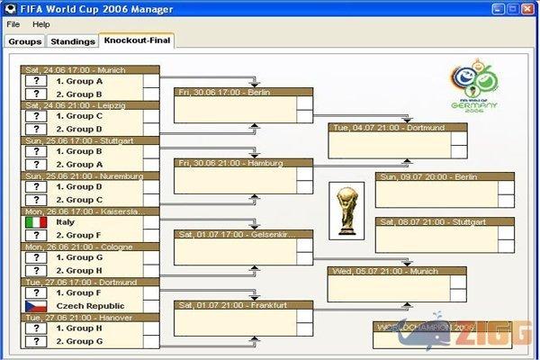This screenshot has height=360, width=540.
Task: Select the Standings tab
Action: click(x=72, y=41)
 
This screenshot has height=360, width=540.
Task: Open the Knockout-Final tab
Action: click(x=137, y=40)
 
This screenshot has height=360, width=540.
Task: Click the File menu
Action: click(x=13, y=23)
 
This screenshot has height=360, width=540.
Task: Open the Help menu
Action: click(x=41, y=23)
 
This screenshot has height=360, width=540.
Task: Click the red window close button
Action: click(x=528, y=8)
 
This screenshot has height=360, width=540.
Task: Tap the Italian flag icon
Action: click(x=35, y=222)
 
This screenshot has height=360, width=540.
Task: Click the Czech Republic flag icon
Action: click(x=35, y=306)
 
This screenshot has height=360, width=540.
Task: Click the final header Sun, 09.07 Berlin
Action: click(x=445, y=177)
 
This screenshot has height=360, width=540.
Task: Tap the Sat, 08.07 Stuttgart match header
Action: click(x=445, y=221)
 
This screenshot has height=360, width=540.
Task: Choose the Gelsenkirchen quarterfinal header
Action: click(x=243, y=234)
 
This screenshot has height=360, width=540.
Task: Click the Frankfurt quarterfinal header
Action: click(x=243, y=305)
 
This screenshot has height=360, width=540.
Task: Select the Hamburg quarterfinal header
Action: click(x=243, y=163)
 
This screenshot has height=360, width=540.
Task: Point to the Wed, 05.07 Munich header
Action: click(x=396, y=270)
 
